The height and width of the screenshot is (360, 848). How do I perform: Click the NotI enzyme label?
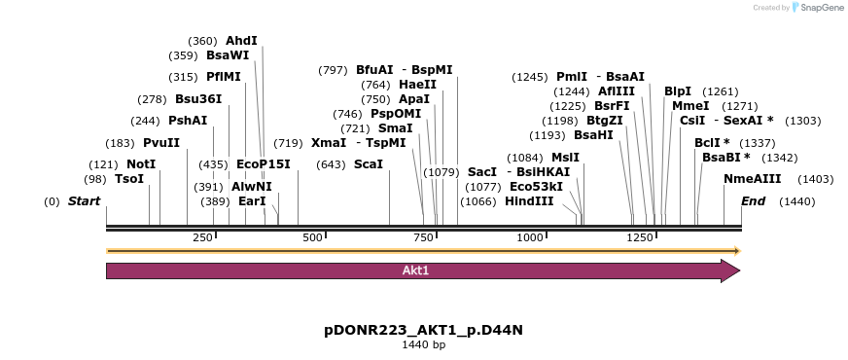[x=141, y=164]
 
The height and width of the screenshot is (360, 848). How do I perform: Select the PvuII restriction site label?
[x=161, y=143]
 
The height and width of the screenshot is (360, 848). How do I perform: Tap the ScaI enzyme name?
[x=369, y=163]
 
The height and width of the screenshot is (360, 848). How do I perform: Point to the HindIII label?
[x=529, y=201]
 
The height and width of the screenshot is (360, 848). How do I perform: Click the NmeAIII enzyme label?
[x=753, y=179]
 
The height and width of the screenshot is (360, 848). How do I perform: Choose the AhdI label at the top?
[x=241, y=41]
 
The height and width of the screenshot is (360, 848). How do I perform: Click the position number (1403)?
[x=816, y=179]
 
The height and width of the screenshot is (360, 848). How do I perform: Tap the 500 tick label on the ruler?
[x=312, y=237]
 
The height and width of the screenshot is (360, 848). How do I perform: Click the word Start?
[x=84, y=201]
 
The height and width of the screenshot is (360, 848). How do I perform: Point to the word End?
[x=754, y=201]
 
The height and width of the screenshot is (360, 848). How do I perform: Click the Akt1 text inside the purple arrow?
[x=415, y=270]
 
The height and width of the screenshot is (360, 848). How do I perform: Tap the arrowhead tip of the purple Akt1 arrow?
[x=740, y=270]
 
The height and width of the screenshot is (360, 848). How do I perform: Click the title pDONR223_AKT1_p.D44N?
[x=423, y=330]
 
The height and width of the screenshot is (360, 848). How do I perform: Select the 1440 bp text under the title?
[x=423, y=344]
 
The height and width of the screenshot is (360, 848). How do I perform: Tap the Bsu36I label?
[x=198, y=99]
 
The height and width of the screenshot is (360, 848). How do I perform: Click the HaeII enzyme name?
[x=417, y=85]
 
